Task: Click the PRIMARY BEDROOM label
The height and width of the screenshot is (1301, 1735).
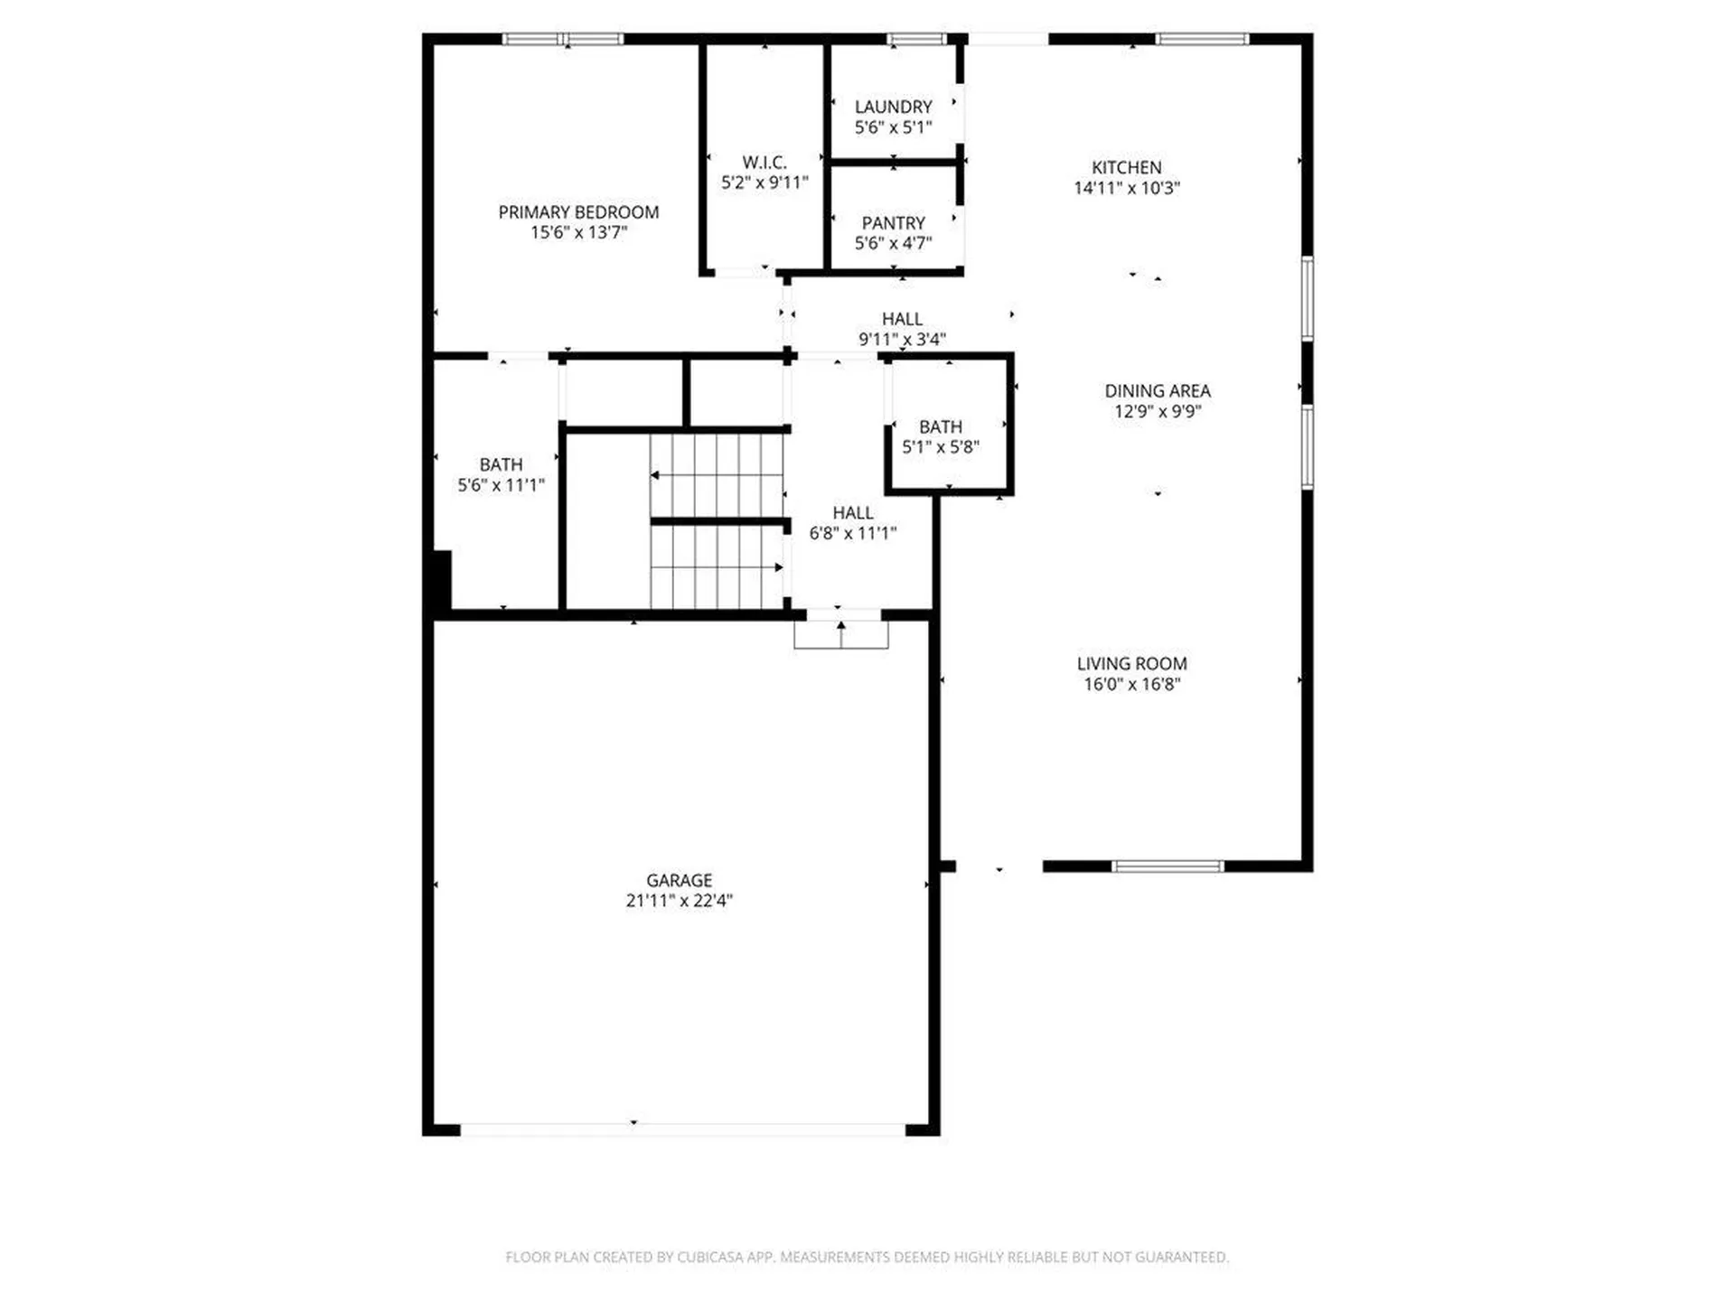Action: pos(578,212)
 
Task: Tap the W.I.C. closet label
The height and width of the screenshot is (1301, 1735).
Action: pos(764,163)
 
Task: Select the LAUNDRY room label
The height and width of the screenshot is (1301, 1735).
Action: pos(893,107)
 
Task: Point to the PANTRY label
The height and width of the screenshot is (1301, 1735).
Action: pos(893,223)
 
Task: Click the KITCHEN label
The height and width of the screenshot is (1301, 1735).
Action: pos(1126,167)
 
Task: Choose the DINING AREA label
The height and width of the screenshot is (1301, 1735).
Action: pos(1157,391)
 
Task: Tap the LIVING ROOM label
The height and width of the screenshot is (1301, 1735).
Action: pos(1131,663)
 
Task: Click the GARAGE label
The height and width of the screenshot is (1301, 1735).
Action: pos(679,880)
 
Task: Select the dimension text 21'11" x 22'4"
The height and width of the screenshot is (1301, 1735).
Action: pos(679,901)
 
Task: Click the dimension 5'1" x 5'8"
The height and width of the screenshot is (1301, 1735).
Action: pos(941,447)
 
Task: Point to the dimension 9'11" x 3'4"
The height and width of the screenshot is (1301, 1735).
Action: pos(902,340)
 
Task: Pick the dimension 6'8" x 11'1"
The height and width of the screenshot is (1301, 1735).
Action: pos(852,533)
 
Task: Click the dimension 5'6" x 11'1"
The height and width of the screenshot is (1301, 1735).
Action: pos(501,485)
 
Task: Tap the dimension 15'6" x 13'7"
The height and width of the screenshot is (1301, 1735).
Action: pos(578,233)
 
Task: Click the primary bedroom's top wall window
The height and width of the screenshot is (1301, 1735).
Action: pos(563,39)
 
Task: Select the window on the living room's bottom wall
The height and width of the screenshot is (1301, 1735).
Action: pos(1167,866)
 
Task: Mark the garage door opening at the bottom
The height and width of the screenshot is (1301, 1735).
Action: pos(682,1129)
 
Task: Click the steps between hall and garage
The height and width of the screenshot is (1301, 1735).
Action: pos(841,634)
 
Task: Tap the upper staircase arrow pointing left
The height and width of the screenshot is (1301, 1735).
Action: pos(654,475)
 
